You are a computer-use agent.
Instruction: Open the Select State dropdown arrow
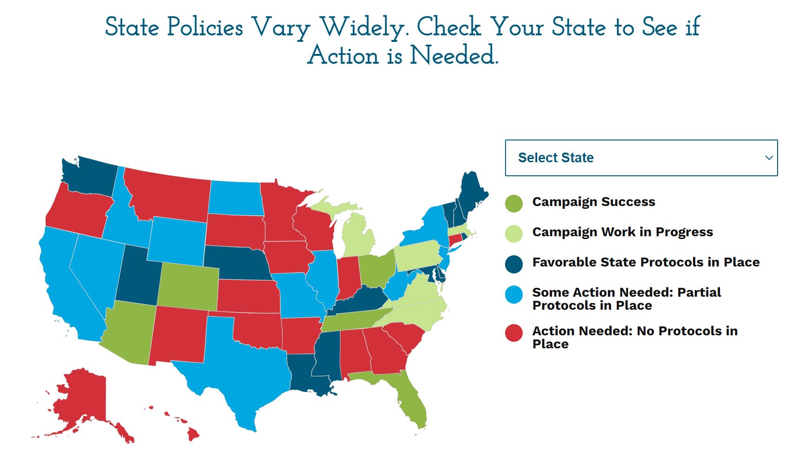[x=769, y=158]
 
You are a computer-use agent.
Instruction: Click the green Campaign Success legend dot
[x=514, y=203]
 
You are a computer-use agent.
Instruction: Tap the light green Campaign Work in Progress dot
[x=514, y=233]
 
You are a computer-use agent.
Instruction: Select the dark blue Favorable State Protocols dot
[x=514, y=264]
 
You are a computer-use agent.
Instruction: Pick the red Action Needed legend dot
[x=514, y=333]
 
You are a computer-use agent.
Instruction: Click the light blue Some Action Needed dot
[x=514, y=295]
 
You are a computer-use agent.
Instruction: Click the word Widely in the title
[x=365, y=27]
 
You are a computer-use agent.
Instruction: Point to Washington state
[x=91, y=177]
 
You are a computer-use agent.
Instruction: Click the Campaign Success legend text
[x=593, y=202]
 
